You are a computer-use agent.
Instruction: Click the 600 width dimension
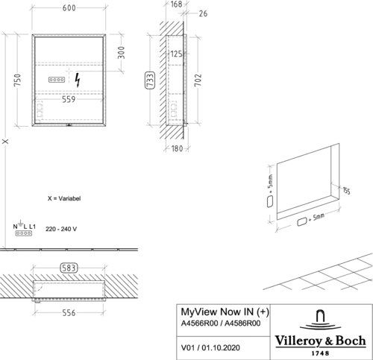point(69,7)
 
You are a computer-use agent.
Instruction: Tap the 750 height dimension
point(17,80)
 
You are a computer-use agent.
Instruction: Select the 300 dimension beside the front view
point(121,52)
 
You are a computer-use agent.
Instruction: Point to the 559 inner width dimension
point(69,99)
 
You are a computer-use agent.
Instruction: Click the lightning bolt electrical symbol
point(78,80)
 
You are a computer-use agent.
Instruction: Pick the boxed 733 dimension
point(150,80)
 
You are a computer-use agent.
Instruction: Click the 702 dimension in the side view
point(198,80)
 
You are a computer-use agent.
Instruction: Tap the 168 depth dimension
point(176,4)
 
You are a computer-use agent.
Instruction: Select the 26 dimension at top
point(203,13)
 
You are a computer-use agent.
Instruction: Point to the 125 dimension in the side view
point(176,54)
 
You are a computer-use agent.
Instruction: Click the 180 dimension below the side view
point(177,148)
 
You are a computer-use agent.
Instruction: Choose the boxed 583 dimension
point(69,268)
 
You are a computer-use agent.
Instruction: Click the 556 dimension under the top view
point(69,313)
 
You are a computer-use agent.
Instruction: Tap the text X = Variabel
point(64,198)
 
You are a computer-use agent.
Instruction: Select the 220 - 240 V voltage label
point(61,229)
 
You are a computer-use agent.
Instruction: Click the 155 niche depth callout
point(346,191)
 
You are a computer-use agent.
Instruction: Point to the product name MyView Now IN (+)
point(225,312)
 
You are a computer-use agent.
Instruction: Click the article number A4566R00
point(199,323)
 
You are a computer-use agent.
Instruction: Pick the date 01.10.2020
point(221,347)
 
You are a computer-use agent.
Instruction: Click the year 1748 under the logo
point(320,353)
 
